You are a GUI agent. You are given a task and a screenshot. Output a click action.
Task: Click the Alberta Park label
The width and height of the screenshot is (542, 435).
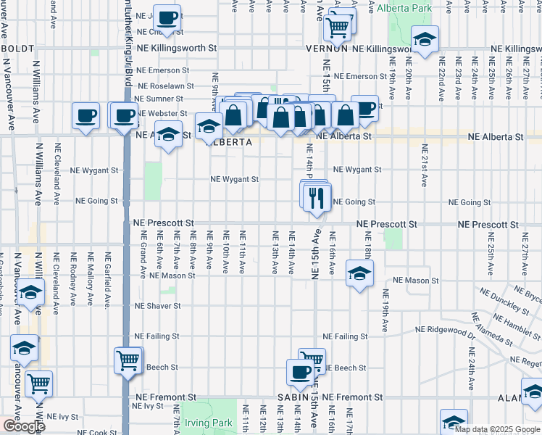(x=404, y=9)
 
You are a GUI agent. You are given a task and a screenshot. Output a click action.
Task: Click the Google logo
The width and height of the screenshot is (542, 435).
(x=24, y=426)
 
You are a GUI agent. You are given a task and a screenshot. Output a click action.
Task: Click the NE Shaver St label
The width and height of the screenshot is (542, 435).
(x=157, y=306)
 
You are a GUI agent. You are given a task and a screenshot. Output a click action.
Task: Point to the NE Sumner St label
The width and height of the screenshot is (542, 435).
(x=157, y=99)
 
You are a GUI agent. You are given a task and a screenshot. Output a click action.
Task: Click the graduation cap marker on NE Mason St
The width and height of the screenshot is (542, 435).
(x=358, y=274)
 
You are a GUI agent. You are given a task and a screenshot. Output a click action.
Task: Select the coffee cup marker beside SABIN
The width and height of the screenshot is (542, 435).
(x=299, y=373)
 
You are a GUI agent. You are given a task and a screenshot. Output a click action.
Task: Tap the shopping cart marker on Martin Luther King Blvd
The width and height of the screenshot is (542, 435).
(x=128, y=360)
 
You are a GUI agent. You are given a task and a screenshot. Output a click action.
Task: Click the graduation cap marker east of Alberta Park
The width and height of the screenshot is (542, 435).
(x=425, y=40)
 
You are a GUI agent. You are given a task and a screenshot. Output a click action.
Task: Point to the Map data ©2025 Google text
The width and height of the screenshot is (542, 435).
(x=496, y=429)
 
